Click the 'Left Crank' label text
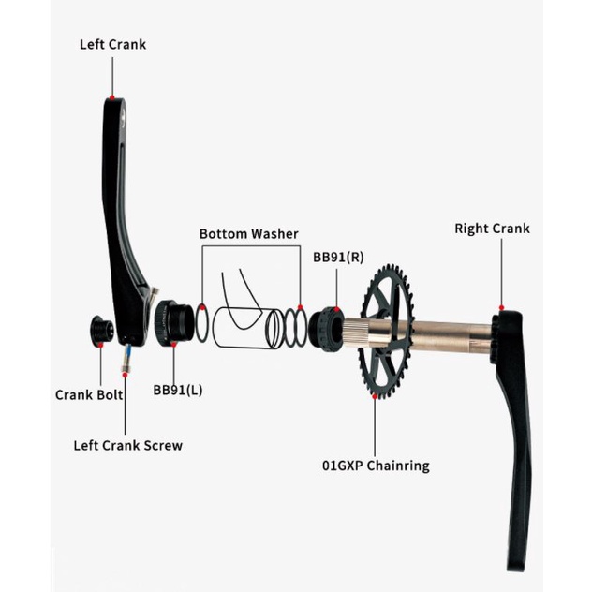click(x=112, y=45)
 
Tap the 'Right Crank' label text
click(x=492, y=229)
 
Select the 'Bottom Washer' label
click(x=249, y=234)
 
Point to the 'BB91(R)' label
click(x=338, y=257)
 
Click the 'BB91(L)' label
click(x=178, y=390)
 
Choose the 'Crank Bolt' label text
click(x=89, y=395)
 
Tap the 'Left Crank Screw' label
click(x=128, y=446)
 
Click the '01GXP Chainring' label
click(x=376, y=466)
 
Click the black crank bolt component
click(x=101, y=330)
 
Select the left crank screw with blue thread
click(x=126, y=358)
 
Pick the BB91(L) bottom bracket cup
click(x=174, y=323)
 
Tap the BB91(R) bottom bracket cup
click(x=326, y=329)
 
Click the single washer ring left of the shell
click(x=201, y=324)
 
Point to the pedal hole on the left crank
click(x=124, y=117)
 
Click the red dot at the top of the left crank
click(x=112, y=97)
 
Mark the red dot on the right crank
click(x=501, y=307)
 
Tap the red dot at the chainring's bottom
click(x=375, y=396)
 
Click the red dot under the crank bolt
click(x=100, y=345)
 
